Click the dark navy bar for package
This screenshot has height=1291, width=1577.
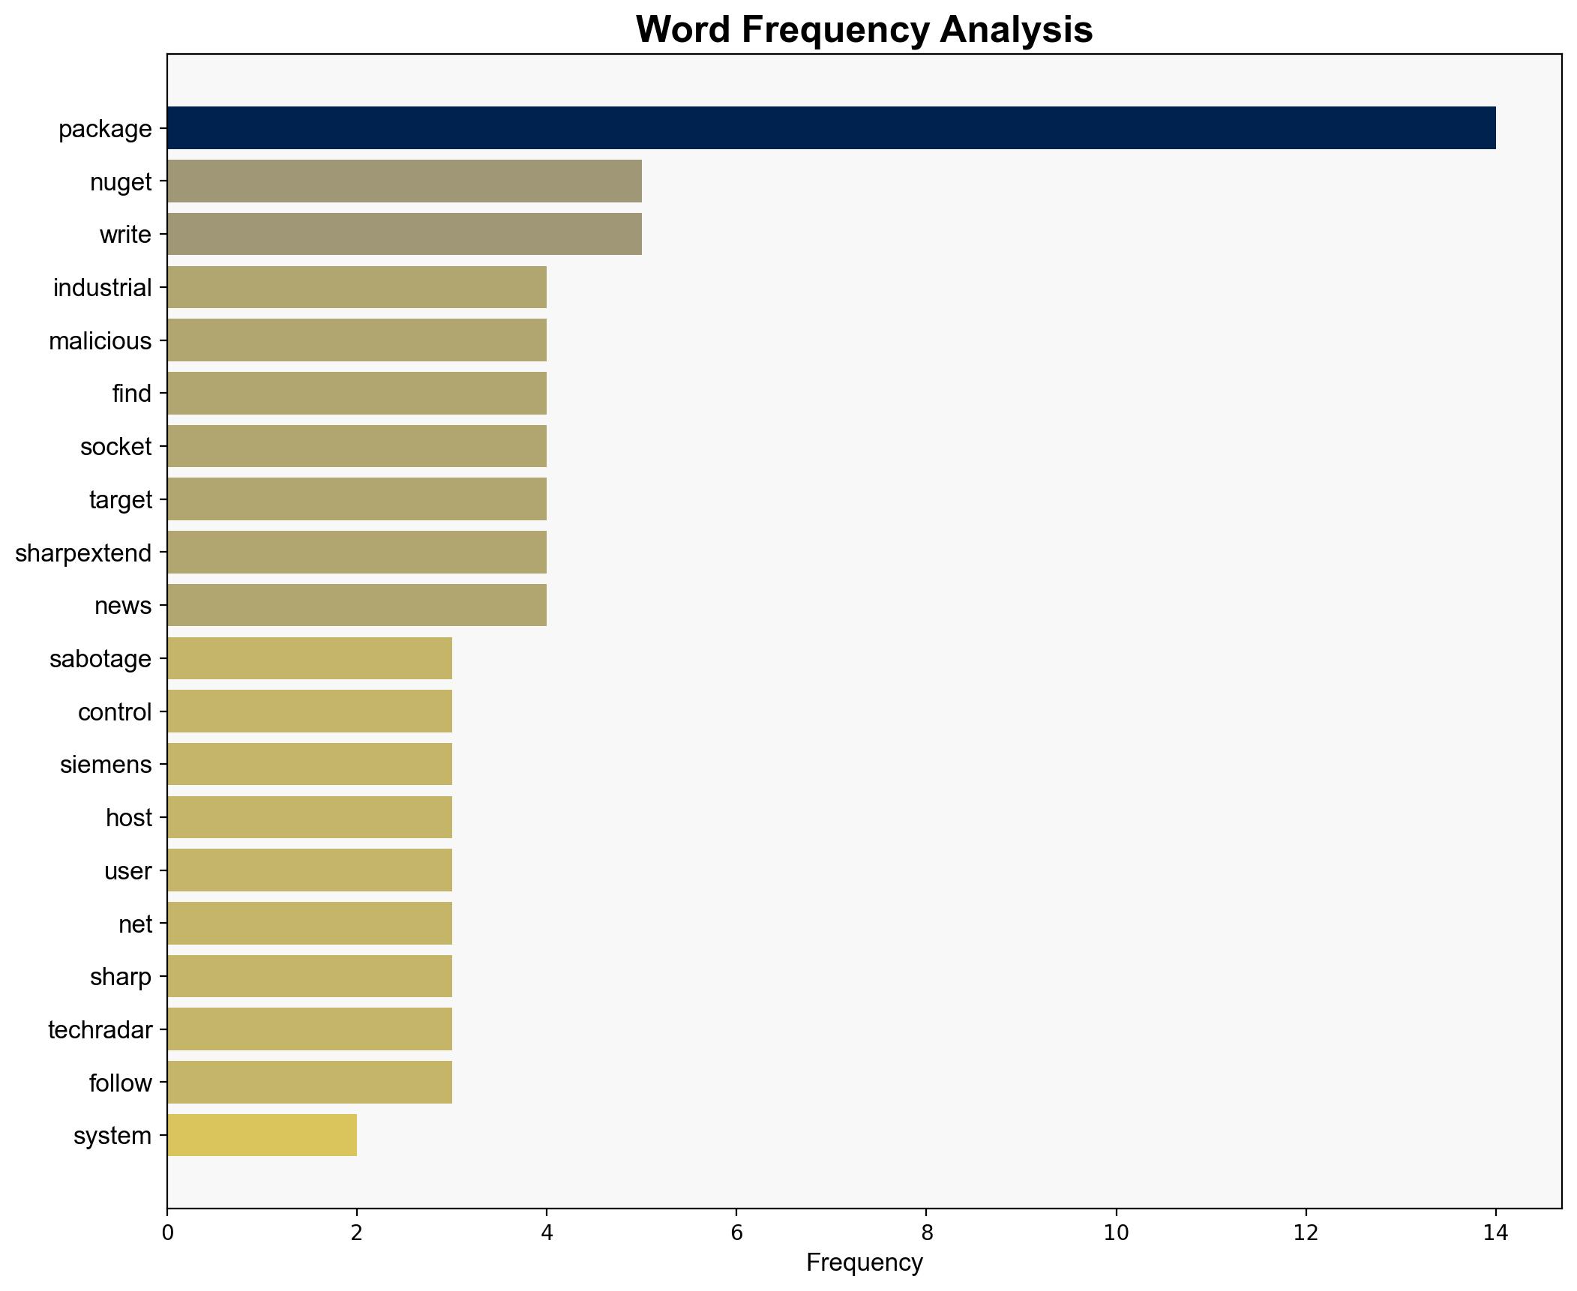[831, 128]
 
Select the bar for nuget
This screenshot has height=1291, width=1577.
[404, 181]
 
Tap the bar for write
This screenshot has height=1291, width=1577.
[404, 235]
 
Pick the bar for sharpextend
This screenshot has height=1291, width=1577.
[357, 553]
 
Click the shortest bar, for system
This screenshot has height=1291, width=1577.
[262, 1136]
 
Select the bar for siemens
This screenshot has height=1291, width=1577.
[310, 765]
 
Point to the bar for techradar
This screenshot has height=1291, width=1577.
[310, 1030]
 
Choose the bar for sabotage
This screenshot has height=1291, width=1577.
[310, 659]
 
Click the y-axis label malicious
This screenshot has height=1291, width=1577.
[100, 341]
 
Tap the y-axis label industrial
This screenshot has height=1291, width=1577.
[103, 288]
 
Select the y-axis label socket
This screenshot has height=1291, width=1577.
[116, 447]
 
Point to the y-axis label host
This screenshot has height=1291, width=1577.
[129, 818]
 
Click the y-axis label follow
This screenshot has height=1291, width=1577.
[121, 1083]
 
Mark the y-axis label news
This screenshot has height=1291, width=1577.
[123, 606]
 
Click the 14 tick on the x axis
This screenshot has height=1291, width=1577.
[1495, 1233]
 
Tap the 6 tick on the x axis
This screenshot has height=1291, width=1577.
[736, 1233]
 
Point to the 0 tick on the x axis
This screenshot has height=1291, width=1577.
[167, 1233]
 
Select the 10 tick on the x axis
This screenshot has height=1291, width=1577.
[1116, 1233]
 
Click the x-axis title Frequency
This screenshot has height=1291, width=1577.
[864, 1263]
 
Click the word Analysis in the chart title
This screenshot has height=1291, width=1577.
[1017, 30]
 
